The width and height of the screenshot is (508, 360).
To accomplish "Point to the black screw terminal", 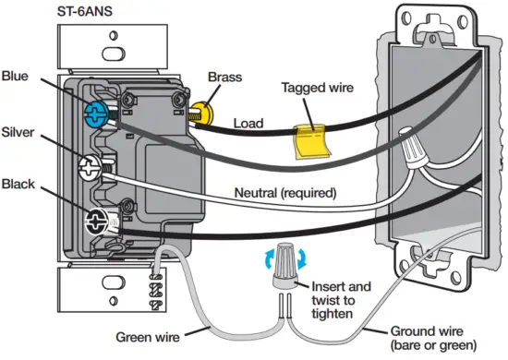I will pos(96,221).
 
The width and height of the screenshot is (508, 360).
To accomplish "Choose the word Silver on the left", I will pos(18,132).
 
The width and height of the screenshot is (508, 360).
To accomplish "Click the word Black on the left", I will pos(18,183).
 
